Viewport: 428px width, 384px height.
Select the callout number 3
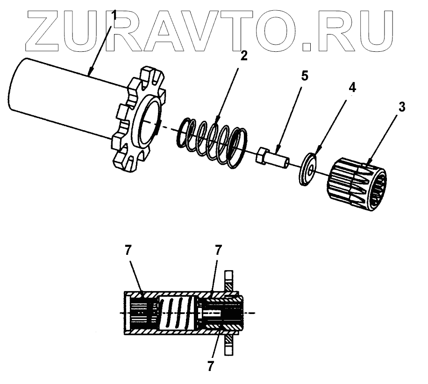401,107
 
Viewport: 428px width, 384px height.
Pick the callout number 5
304,76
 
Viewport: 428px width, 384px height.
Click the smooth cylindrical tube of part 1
61,98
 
